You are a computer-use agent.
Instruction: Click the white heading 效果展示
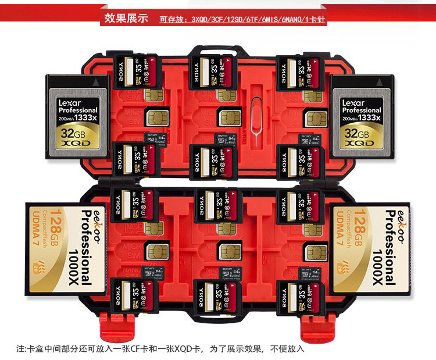(x=126, y=17)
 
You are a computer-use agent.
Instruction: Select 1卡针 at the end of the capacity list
(x=310, y=19)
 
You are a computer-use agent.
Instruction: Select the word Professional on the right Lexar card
(x=361, y=110)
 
